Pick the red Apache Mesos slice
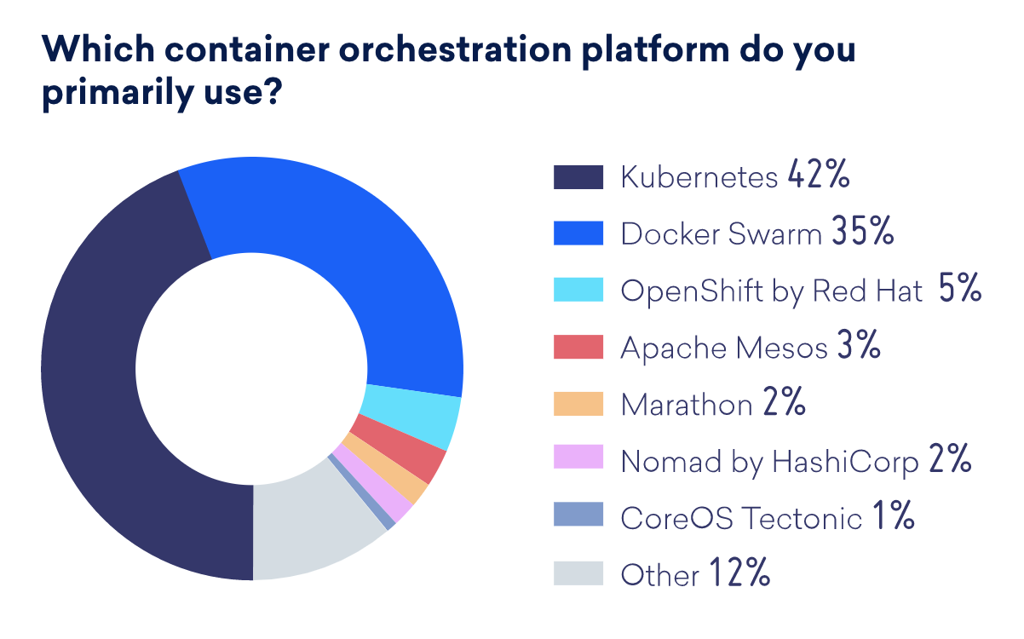(x=398, y=452)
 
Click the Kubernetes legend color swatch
(x=578, y=177)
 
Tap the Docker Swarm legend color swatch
(x=578, y=233)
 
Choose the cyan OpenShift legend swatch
(x=578, y=291)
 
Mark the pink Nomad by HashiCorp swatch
(x=578, y=460)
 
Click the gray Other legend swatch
(x=578, y=573)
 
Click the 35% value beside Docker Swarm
(x=863, y=233)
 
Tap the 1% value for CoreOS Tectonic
(x=893, y=516)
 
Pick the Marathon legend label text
(x=687, y=404)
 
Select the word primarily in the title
(x=119, y=93)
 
